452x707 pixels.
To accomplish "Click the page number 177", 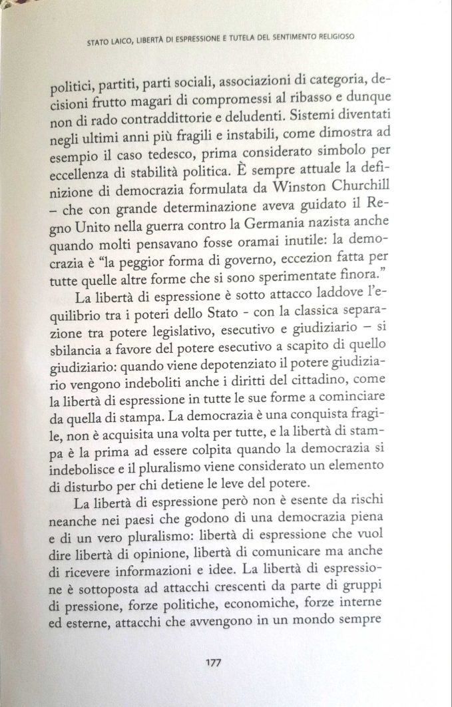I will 214,662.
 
